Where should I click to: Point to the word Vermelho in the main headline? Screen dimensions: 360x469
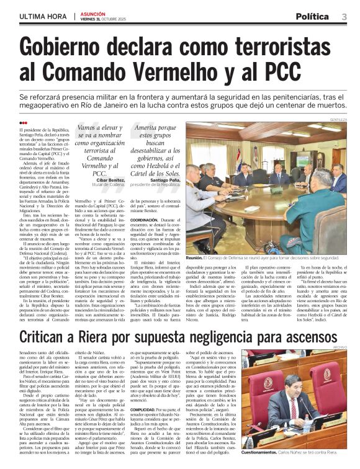160,72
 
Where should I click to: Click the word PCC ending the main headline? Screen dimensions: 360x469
313,72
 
